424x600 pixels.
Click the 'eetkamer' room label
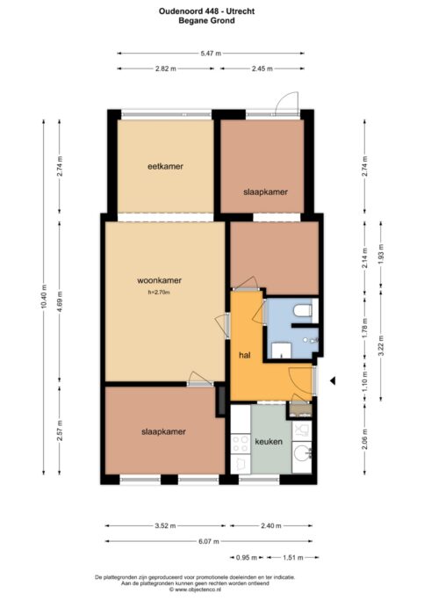pos(165,166)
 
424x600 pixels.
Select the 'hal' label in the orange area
pos(245,355)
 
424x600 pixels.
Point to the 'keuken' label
pos(269,442)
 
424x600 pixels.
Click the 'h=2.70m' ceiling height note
pos(159,293)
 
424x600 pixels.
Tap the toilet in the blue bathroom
pos(303,310)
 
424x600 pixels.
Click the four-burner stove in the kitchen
pos(241,444)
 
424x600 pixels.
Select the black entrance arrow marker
pos(333,380)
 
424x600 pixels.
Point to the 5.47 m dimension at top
pos(211,54)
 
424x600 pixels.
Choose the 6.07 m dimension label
pos(209,541)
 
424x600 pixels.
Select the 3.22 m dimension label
pos(381,345)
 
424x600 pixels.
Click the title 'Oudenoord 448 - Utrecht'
pos(207,11)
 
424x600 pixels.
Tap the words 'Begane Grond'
pos(207,21)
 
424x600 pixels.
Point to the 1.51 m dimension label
pos(293,558)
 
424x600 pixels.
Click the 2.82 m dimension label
pos(166,69)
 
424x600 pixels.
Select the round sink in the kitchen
pos(302,454)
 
